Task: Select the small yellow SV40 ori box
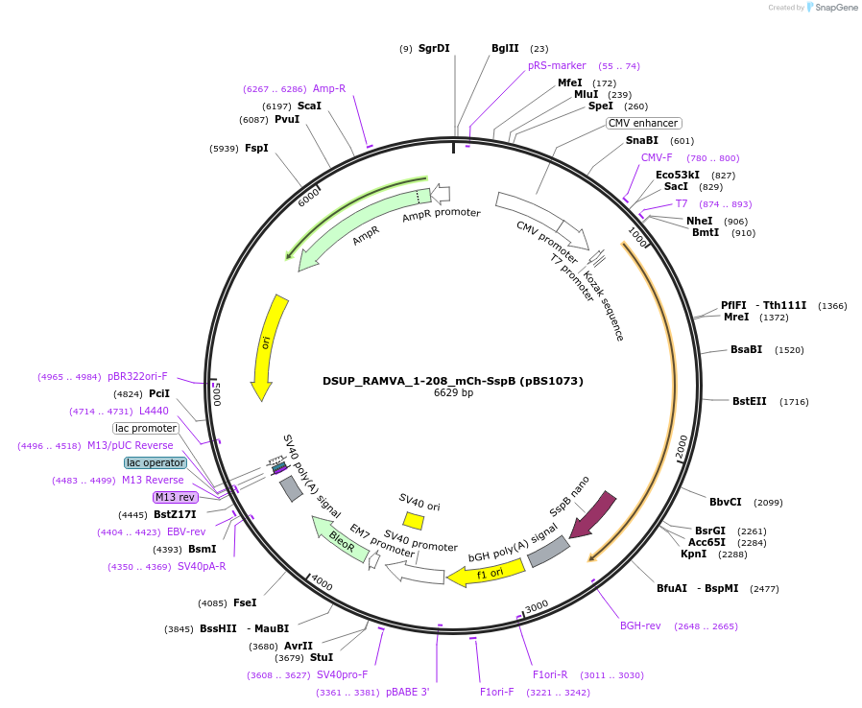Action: tap(414, 520)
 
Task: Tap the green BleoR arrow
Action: tap(339, 538)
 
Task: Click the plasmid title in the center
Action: tap(453, 381)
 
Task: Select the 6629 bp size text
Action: tap(453, 393)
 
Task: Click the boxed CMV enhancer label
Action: tap(643, 123)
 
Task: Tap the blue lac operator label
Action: tap(156, 462)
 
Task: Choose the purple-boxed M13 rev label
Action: tap(176, 497)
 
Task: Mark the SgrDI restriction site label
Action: tap(434, 48)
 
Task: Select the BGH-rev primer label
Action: tap(640, 625)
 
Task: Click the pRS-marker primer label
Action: tap(557, 65)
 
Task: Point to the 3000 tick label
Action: tap(536, 605)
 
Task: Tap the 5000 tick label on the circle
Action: tap(217, 394)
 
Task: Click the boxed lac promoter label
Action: tap(146, 428)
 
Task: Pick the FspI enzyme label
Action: tap(256, 148)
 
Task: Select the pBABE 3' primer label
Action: tap(408, 692)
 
